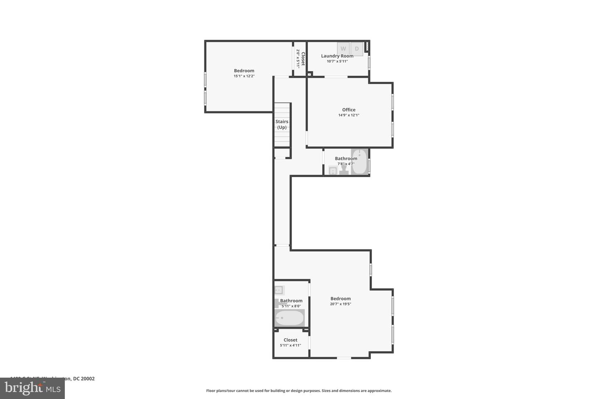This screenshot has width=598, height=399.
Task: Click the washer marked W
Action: coord(343,49)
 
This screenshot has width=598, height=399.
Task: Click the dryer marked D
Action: coord(357,49)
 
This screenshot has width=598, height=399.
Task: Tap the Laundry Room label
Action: coord(337,56)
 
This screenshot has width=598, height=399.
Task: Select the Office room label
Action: coord(349,110)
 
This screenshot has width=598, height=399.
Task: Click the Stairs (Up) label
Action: coord(282,124)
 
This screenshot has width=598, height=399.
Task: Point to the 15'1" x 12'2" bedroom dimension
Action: coord(244,76)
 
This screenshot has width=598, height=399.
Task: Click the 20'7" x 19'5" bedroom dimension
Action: coord(341,304)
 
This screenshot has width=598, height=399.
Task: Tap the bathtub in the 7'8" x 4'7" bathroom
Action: coord(359,162)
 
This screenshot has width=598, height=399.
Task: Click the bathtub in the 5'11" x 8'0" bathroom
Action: coord(289,318)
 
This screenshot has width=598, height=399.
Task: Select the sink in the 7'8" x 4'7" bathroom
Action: coord(333,170)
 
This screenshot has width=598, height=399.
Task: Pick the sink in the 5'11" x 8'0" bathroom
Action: coord(279,290)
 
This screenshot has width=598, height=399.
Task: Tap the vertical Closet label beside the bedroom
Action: coord(303,59)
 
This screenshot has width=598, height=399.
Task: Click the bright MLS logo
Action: coord(32,389)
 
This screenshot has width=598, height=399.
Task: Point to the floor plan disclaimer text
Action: coord(299,391)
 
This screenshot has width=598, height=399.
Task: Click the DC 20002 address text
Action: coord(83,379)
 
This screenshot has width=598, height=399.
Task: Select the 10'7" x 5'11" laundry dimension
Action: coord(337,62)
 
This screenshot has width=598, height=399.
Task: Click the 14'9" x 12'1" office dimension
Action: coord(349,115)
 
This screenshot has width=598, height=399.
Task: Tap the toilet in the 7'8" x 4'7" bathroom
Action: coord(344,171)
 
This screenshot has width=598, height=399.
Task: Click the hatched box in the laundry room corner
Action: coord(367,47)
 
